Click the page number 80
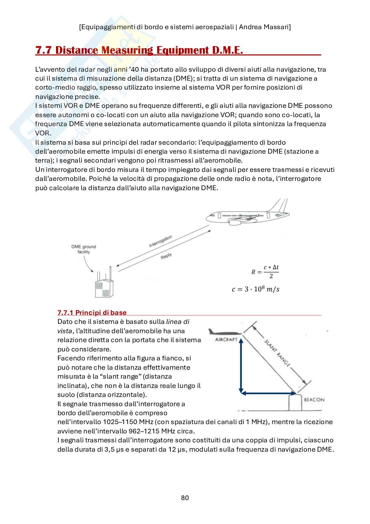tap(185, 498)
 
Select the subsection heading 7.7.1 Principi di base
tap(92, 312)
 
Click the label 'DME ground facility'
tap(84, 249)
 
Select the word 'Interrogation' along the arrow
tap(160, 242)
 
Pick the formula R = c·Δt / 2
tap(265, 272)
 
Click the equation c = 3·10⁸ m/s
tap(255, 289)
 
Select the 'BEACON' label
tap(314, 400)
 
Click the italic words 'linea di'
tap(178, 322)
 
